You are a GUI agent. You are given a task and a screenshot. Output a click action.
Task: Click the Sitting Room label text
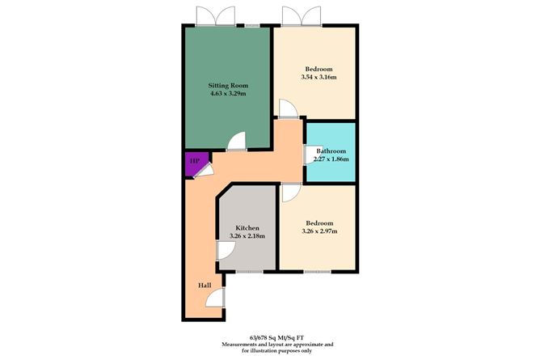click(x=227, y=85)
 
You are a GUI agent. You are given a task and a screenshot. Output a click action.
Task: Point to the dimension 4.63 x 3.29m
click(x=227, y=95)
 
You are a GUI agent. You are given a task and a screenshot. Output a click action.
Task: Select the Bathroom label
click(x=331, y=150)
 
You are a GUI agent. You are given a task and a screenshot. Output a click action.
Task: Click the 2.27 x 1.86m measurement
click(x=331, y=159)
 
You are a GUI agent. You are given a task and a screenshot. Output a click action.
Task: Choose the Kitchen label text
click(x=247, y=227)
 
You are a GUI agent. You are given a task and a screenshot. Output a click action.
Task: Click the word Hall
click(x=205, y=285)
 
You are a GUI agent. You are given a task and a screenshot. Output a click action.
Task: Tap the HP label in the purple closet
click(x=194, y=162)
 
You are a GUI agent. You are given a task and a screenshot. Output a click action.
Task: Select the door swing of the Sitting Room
click(x=235, y=142)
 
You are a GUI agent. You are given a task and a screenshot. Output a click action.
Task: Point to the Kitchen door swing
click(x=225, y=251)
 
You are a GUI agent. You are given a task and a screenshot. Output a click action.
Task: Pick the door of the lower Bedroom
click(x=290, y=193)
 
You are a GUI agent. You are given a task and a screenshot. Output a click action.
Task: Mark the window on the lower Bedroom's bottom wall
click(x=317, y=270)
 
